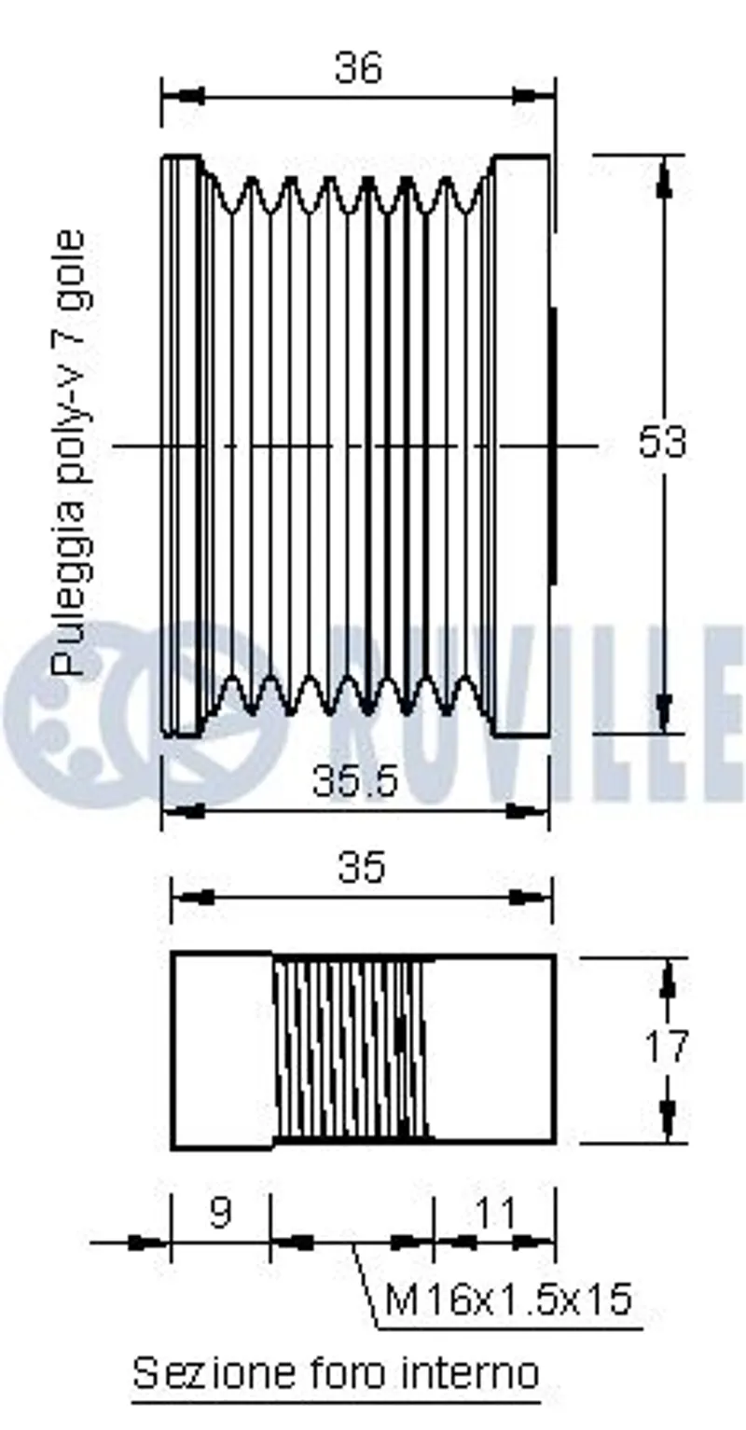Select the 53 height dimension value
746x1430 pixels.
[662, 442]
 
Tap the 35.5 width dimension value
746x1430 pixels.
[356, 780]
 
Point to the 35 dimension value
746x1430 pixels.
[362, 867]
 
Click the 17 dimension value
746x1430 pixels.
[666, 1047]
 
